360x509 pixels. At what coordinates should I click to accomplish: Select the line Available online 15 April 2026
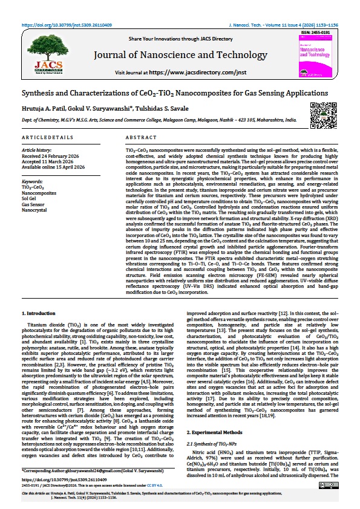(53, 167)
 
